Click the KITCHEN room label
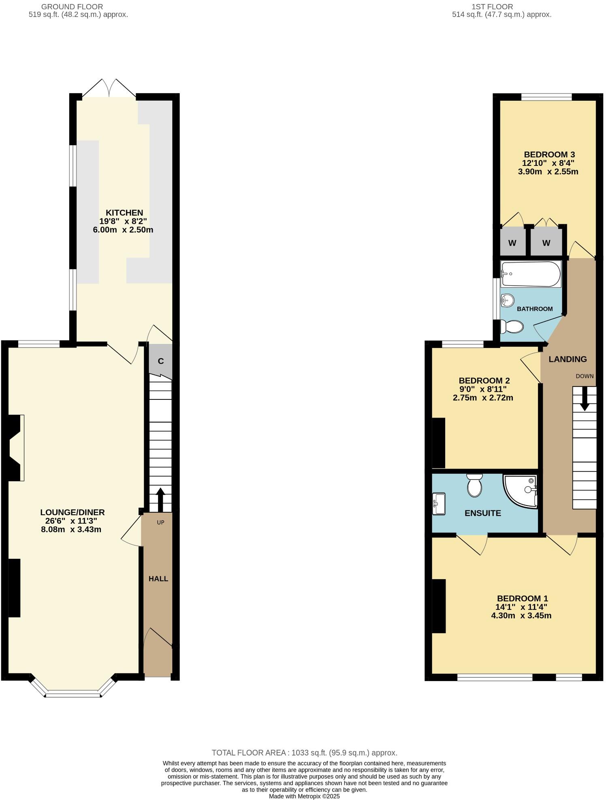tap(124, 212)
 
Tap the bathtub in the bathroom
tap(531, 274)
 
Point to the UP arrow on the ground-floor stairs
tap(160, 499)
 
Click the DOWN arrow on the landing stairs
tap(584, 399)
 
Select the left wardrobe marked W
tap(512, 243)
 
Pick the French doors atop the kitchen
tap(109, 88)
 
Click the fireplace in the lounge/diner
tap(15, 448)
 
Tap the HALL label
tap(158, 579)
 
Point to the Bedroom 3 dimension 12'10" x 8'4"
tap(548, 163)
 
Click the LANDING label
tap(568, 359)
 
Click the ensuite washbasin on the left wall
tap(439, 503)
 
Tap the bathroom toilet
tap(512, 326)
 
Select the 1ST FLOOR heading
tap(492, 6)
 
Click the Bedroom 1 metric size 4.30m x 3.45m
tap(521, 615)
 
